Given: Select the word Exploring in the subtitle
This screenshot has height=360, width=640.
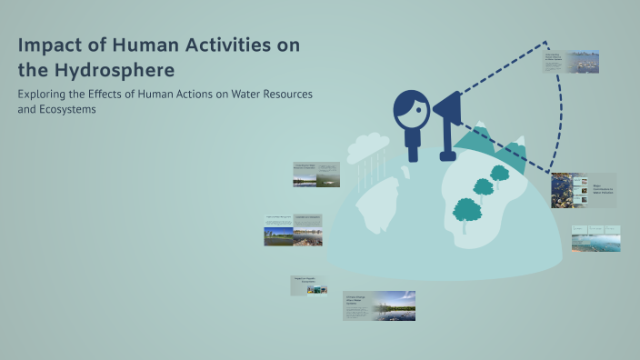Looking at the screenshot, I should click(x=45, y=94).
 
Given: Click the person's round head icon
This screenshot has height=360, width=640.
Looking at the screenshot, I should click(x=411, y=109).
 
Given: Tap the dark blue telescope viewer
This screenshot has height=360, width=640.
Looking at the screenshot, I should click(x=447, y=114).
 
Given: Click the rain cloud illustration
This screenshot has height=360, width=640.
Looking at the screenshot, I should click(x=367, y=145).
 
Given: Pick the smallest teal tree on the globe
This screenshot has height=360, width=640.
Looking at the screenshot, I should click(x=500, y=172).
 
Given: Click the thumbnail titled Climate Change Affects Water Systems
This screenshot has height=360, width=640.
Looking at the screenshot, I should click(x=379, y=305).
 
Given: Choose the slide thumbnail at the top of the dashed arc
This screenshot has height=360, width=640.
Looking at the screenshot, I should click(x=571, y=62).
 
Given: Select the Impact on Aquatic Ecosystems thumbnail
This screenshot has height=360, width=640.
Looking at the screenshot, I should click(x=309, y=285).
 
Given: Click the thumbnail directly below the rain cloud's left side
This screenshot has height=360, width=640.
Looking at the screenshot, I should click(x=316, y=174).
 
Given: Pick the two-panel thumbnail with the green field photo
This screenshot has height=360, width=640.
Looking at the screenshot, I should click(x=293, y=231).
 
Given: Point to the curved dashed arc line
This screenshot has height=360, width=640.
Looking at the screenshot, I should click(x=566, y=109).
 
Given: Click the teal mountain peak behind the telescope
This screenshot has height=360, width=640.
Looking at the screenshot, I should click(x=477, y=136).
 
